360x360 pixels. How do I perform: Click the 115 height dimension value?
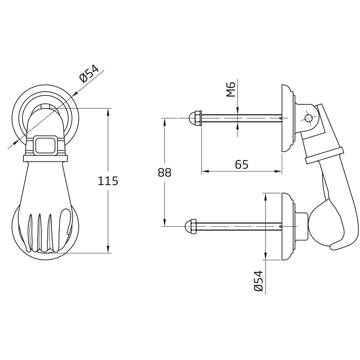pos(108,181)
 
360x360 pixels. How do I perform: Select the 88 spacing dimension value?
pos(165,173)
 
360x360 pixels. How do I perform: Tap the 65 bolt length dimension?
pos(242,164)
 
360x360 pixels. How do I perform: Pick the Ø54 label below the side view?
pos(258,281)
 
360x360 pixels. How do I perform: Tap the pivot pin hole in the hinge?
pos(308,118)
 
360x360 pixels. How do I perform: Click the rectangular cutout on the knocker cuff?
pos(46,145)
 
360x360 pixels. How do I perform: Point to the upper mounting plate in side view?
pos(287,118)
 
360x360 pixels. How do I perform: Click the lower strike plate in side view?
pos(287,226)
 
